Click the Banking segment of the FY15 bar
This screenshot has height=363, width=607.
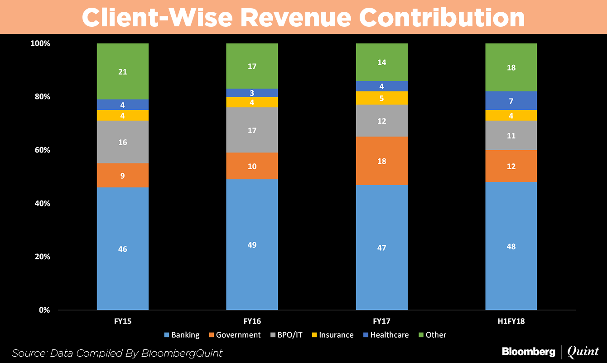122,249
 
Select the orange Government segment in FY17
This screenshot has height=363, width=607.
381,161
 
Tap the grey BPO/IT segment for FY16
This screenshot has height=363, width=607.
252,130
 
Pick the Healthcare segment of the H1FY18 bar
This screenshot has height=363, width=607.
511,101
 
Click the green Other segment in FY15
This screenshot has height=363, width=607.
122,71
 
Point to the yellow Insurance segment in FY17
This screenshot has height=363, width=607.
381,98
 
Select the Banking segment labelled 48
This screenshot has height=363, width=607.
511,246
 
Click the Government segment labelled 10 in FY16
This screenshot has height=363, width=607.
252,166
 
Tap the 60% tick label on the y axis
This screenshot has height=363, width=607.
40,150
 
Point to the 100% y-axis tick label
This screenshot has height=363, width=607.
40,44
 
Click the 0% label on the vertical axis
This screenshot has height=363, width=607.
43,310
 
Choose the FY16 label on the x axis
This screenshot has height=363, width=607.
252,321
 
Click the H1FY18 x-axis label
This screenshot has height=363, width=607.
511,321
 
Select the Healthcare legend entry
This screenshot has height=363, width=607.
389,335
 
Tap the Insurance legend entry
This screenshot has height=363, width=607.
336,335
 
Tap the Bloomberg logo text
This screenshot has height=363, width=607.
528,352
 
